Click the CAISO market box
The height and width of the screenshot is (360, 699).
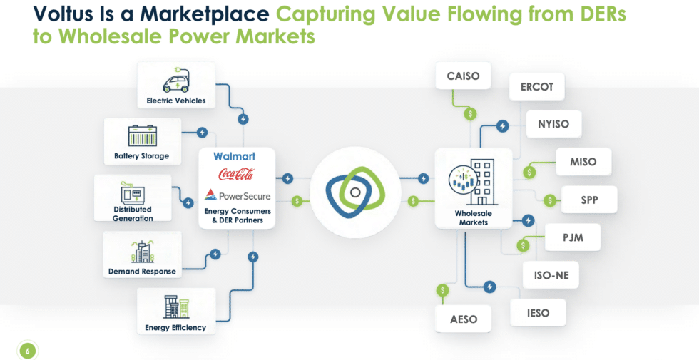(x=463, y=76)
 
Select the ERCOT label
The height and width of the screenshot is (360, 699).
(x=536, y=86)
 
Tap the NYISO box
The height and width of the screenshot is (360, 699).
(x=553, y=124)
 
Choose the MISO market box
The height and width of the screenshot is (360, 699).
(x=583, y=161)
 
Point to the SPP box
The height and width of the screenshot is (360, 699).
(x=589, y=200)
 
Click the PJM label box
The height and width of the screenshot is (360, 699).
(x=572, y=237)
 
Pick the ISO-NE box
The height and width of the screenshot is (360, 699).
(x=551, y=275)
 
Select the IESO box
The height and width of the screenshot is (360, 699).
(x=538, y=313)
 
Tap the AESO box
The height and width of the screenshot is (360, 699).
(x=464, y=319)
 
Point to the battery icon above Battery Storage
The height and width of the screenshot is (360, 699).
(x=142, y=136)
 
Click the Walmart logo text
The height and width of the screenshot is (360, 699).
(x=235, y=156)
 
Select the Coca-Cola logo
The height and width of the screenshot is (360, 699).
(x=236, y=174)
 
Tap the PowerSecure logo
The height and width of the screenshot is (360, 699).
(x=237, y=195)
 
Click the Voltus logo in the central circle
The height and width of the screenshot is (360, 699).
(x=355, y=192)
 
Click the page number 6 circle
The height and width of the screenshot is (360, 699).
(x=27, y=351)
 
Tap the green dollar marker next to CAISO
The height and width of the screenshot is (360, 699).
(x=470, y=113)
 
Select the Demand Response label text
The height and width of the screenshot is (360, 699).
(x=142, y=272)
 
